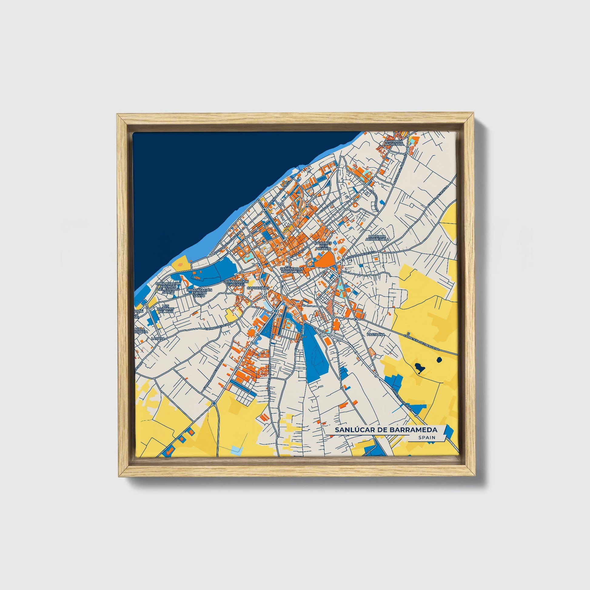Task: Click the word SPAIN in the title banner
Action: pos(427,437)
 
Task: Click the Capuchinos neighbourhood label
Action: pos(258,288)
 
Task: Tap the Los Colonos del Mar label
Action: pos(166,308)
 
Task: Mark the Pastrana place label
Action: pos(376,335)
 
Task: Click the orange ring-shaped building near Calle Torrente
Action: pos(355,204)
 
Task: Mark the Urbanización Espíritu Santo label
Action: pos(199,293)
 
